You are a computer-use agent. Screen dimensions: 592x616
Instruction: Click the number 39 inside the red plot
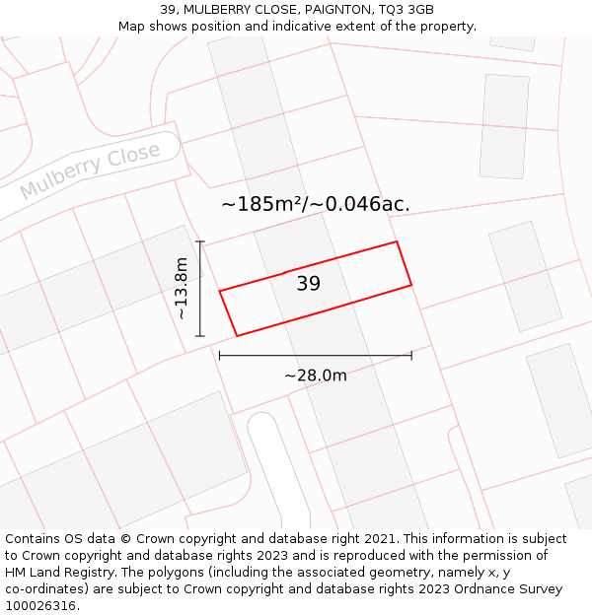309,284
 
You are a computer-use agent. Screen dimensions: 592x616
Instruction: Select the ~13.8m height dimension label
181,288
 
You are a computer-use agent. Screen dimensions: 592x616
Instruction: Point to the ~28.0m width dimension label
316,376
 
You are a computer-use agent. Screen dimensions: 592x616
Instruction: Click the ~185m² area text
260,205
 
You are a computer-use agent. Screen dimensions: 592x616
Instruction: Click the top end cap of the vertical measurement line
200,241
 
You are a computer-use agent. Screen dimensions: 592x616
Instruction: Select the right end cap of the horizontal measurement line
411,355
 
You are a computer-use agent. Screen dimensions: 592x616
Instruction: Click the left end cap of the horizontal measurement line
219,355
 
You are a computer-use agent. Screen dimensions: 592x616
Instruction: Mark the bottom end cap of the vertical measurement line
200,336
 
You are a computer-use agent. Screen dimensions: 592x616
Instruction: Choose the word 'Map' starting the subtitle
132,26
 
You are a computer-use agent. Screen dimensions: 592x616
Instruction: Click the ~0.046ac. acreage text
361,205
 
